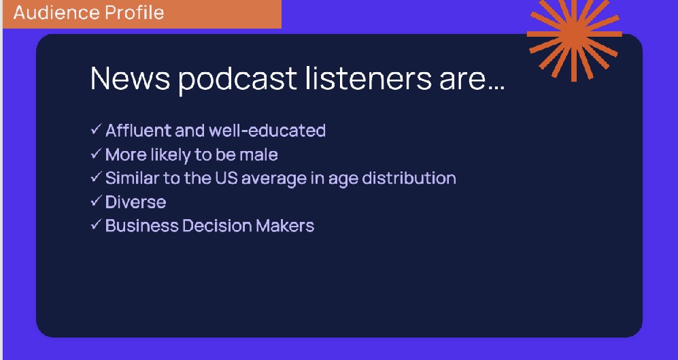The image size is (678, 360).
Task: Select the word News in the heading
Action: coord(130,78)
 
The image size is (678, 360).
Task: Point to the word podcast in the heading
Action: coord(237,80)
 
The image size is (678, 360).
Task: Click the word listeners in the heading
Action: coord(369,78)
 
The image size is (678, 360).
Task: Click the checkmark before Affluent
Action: coord(96,129)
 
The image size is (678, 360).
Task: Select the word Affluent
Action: coord(138,130)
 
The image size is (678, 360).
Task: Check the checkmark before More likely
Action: coord(96,153)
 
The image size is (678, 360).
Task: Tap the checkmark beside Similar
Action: coord(96,176)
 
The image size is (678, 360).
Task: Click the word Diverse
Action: coord(136,202)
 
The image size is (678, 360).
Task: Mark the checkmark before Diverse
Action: coord(96,201)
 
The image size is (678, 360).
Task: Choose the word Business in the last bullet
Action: coord(141,226)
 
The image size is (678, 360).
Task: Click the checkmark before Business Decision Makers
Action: coord(96,224)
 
